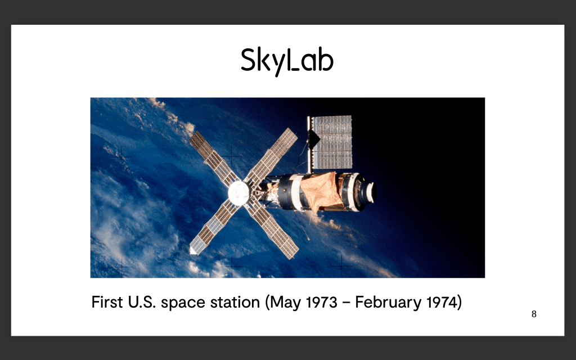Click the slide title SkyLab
pos(287,61)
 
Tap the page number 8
pos(534,314)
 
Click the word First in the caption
pos(107,302)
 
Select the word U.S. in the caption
pos(142,302)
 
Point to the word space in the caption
pos(183,303)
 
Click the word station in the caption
pos(235,302)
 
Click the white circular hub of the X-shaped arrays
pos(238,193)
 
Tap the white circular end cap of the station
pos(370,192)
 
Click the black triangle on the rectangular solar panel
pos(313,139)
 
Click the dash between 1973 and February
pos(346,303)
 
